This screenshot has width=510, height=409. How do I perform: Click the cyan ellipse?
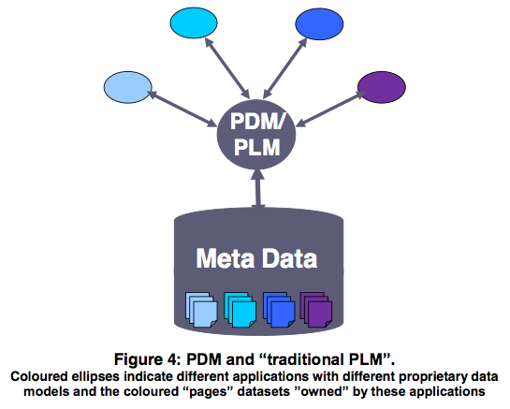[194, 22]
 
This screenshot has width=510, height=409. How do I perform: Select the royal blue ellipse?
[319, 24]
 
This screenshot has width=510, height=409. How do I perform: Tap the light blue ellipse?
[128, 87]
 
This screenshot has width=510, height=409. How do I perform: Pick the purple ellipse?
[382, 87]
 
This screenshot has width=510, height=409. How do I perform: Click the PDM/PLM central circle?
[256, 135]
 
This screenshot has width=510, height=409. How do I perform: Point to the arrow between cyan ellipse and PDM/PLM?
[227, 67]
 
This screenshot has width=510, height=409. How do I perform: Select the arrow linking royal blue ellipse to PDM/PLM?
[285, 68]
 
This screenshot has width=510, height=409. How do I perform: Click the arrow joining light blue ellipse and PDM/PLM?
[182, 109]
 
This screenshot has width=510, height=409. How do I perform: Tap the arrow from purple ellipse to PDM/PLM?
[331, 109]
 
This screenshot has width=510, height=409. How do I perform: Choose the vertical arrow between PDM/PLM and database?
[259, 188]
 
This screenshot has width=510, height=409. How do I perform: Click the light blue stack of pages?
[201, 309]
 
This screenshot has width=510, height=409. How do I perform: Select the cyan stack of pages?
[240, 309]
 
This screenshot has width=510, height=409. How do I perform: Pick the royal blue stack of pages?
[279, 309]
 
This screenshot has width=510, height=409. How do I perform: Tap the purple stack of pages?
[316, 309]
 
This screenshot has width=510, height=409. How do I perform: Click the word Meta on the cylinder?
[226, 258]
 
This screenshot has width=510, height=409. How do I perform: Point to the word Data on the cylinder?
[289, 258]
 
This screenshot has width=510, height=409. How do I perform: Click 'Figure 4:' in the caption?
[146, 359]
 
